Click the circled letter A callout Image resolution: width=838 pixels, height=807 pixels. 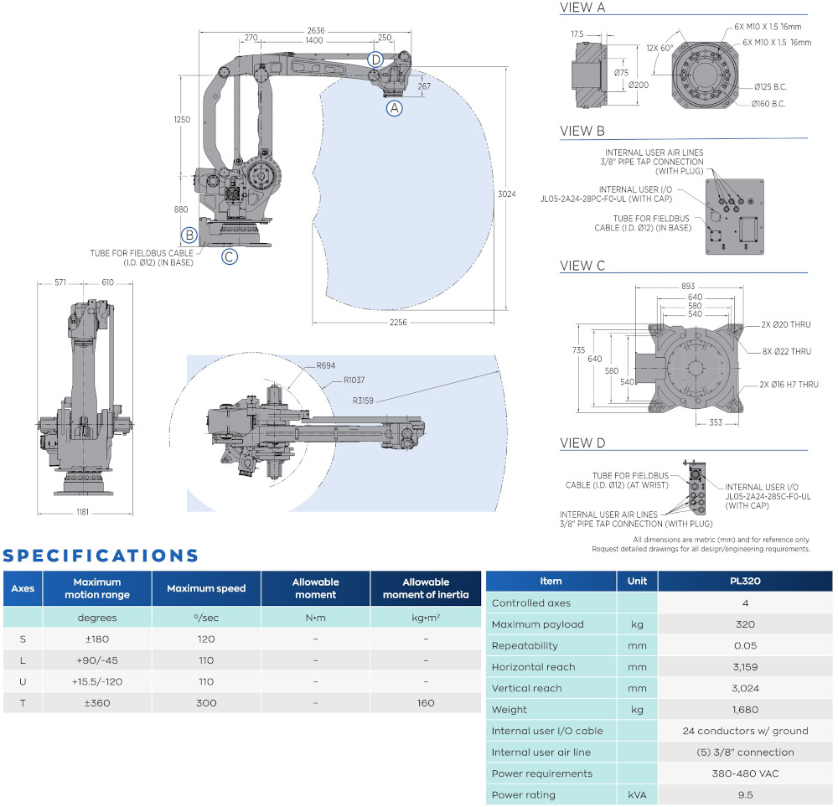pos(394,107)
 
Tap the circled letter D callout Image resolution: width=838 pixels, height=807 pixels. pos(375,59)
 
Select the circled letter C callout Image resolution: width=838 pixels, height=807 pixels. pos(230,256)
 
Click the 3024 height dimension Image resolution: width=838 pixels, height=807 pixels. pos(507,194)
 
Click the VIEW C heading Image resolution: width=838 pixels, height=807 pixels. pos(582,266)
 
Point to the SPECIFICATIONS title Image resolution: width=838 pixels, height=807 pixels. pos(101,556)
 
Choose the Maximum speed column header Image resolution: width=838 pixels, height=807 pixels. pos(206,588)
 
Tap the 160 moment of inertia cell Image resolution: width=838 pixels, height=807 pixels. pos(426,702)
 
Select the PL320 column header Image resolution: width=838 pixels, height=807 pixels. pos(745,581)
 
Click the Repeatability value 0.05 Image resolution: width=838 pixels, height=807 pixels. pos(745,645)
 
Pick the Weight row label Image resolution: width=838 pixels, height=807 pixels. pos(510,709)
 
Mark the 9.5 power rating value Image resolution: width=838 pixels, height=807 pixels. pos(745,794)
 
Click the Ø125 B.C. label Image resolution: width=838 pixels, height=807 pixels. pos(770,86)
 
